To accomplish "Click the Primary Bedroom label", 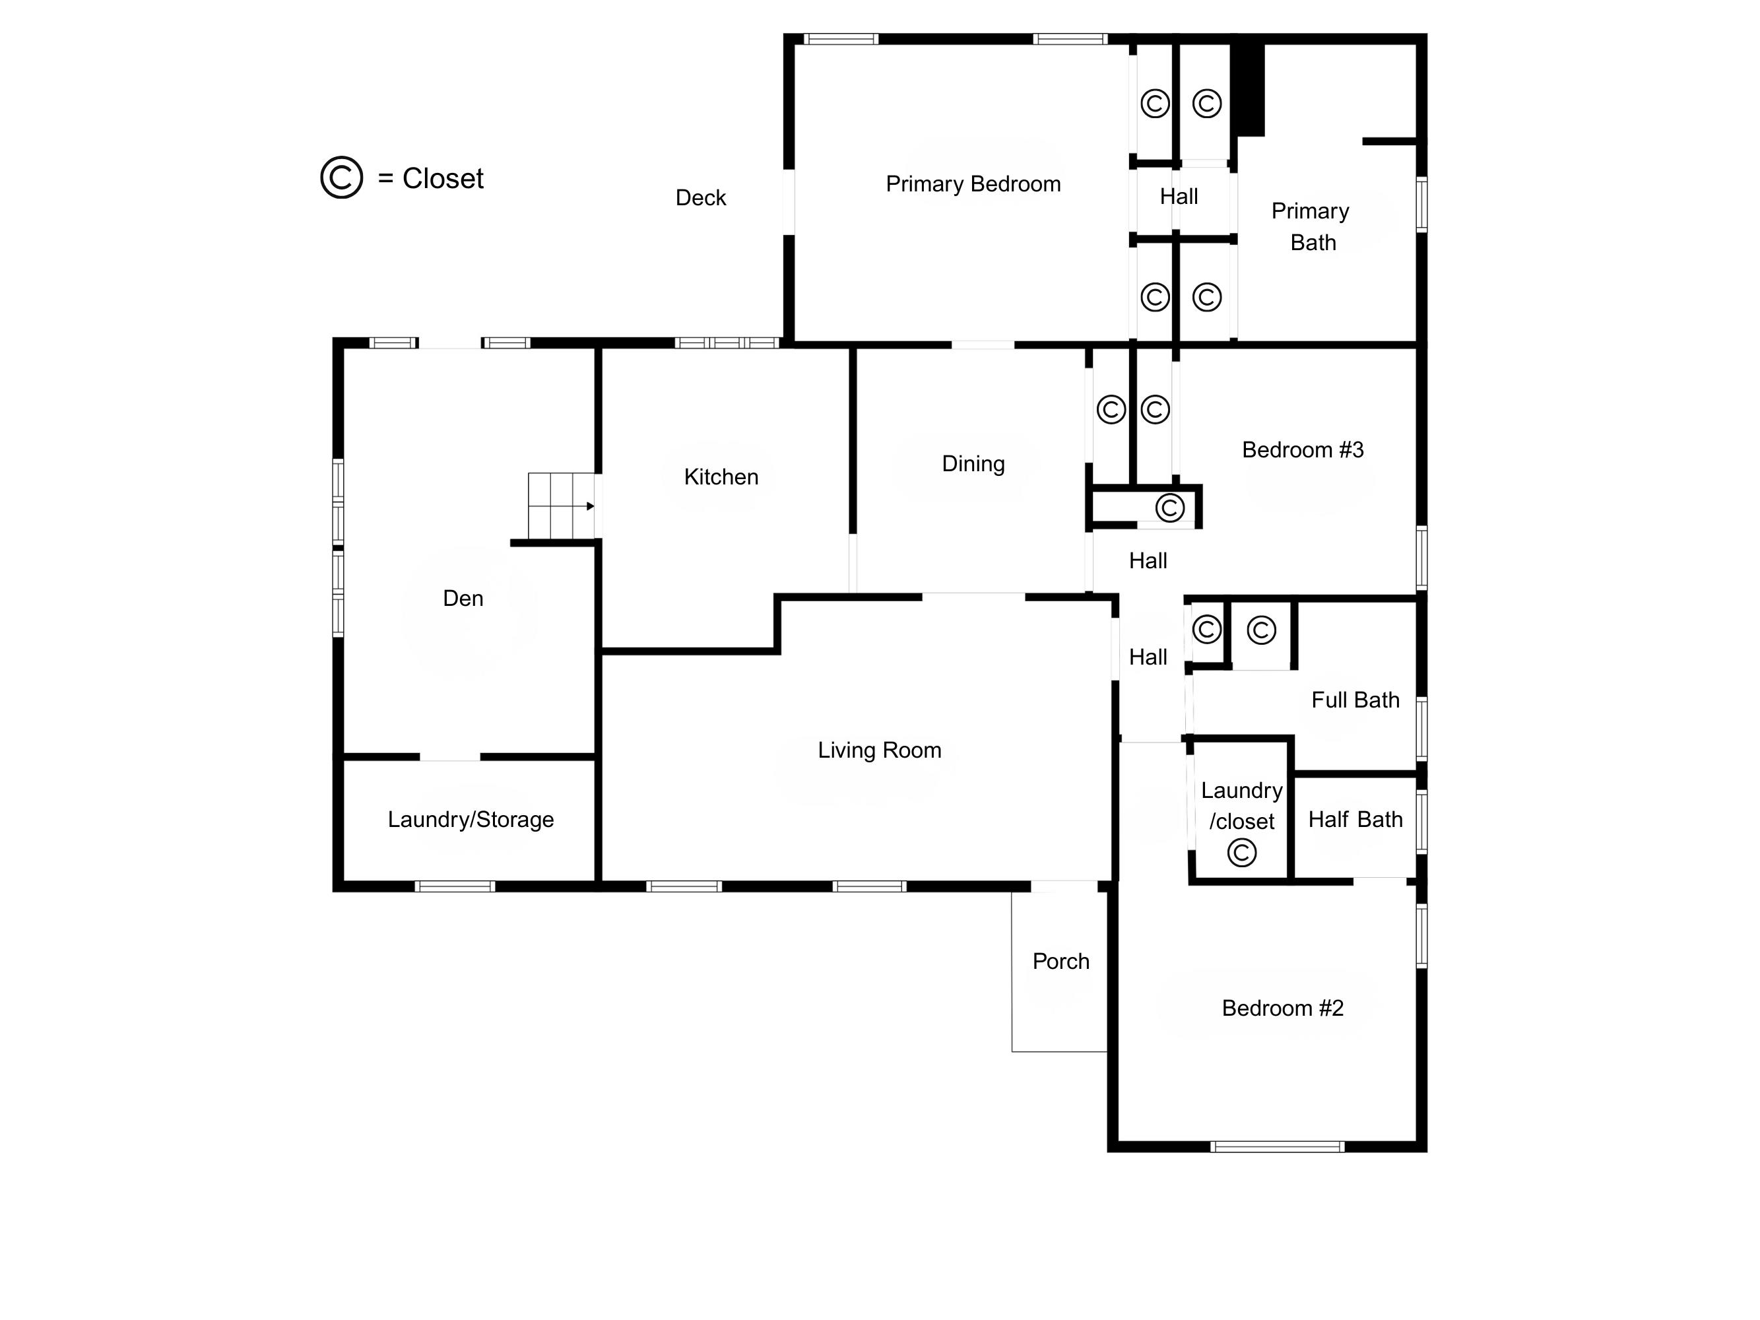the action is click(973, 183).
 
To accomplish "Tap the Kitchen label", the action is click(721, 477).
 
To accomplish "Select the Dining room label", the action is click(973, 464).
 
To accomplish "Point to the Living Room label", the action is click(879, 750).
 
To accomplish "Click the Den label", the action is click(463, 599).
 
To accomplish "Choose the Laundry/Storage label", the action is click(471, 820).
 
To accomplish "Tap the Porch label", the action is click(1060, 961).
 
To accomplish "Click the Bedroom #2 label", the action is click(1283, 1008).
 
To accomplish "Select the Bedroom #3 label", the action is click(1303, 449).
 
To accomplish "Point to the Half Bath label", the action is click(1355, 820).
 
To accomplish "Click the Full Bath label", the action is click(1355, 700).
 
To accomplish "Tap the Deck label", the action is click(700, 197).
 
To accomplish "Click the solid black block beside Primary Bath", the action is click(1248, 89).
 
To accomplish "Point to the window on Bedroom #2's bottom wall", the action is click(1277, 1146).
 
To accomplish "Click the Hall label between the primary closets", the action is click(1179, 197).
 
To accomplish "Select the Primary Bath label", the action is click(1311, 227).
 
